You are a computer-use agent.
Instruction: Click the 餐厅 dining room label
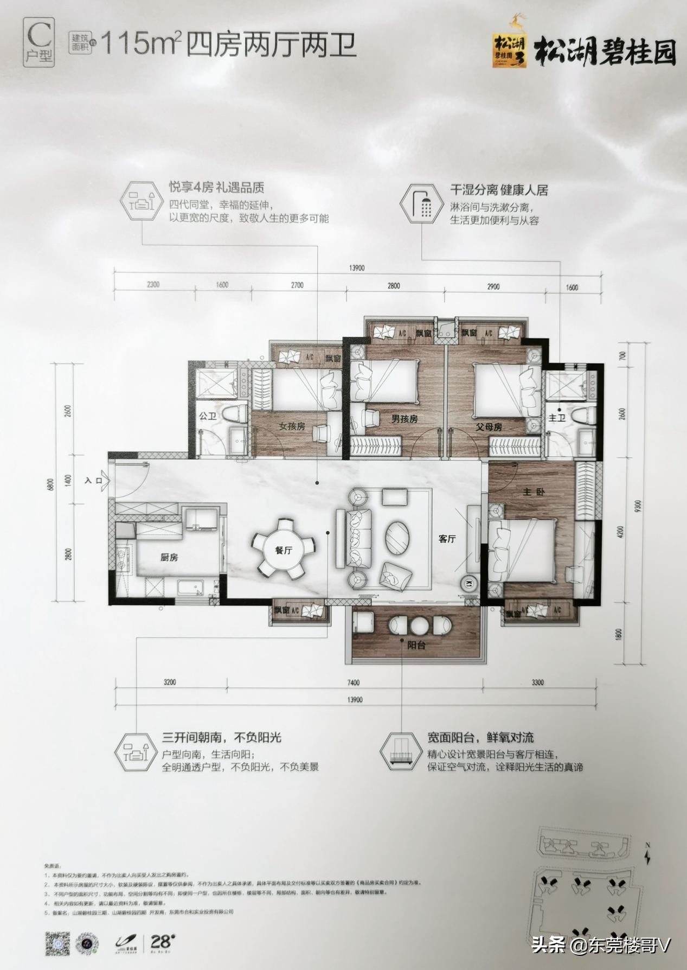284,550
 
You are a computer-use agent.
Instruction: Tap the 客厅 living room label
447,539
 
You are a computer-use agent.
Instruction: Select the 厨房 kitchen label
169,557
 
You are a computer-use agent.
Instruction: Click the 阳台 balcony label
416,645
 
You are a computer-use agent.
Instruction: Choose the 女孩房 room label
292,426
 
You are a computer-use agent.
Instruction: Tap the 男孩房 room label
405,419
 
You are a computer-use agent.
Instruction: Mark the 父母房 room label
489,427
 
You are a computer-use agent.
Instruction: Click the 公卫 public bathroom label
208,416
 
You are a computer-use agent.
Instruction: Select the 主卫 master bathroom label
557,418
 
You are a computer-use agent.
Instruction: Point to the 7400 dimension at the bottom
353,682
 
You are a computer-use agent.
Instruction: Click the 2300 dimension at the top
153,285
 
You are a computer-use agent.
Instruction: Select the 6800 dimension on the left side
51,484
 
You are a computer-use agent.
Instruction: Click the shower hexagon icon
421,203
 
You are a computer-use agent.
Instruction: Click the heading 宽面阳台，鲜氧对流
480,737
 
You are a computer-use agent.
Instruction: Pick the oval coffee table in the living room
398,537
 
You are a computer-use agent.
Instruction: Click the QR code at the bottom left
57,943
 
